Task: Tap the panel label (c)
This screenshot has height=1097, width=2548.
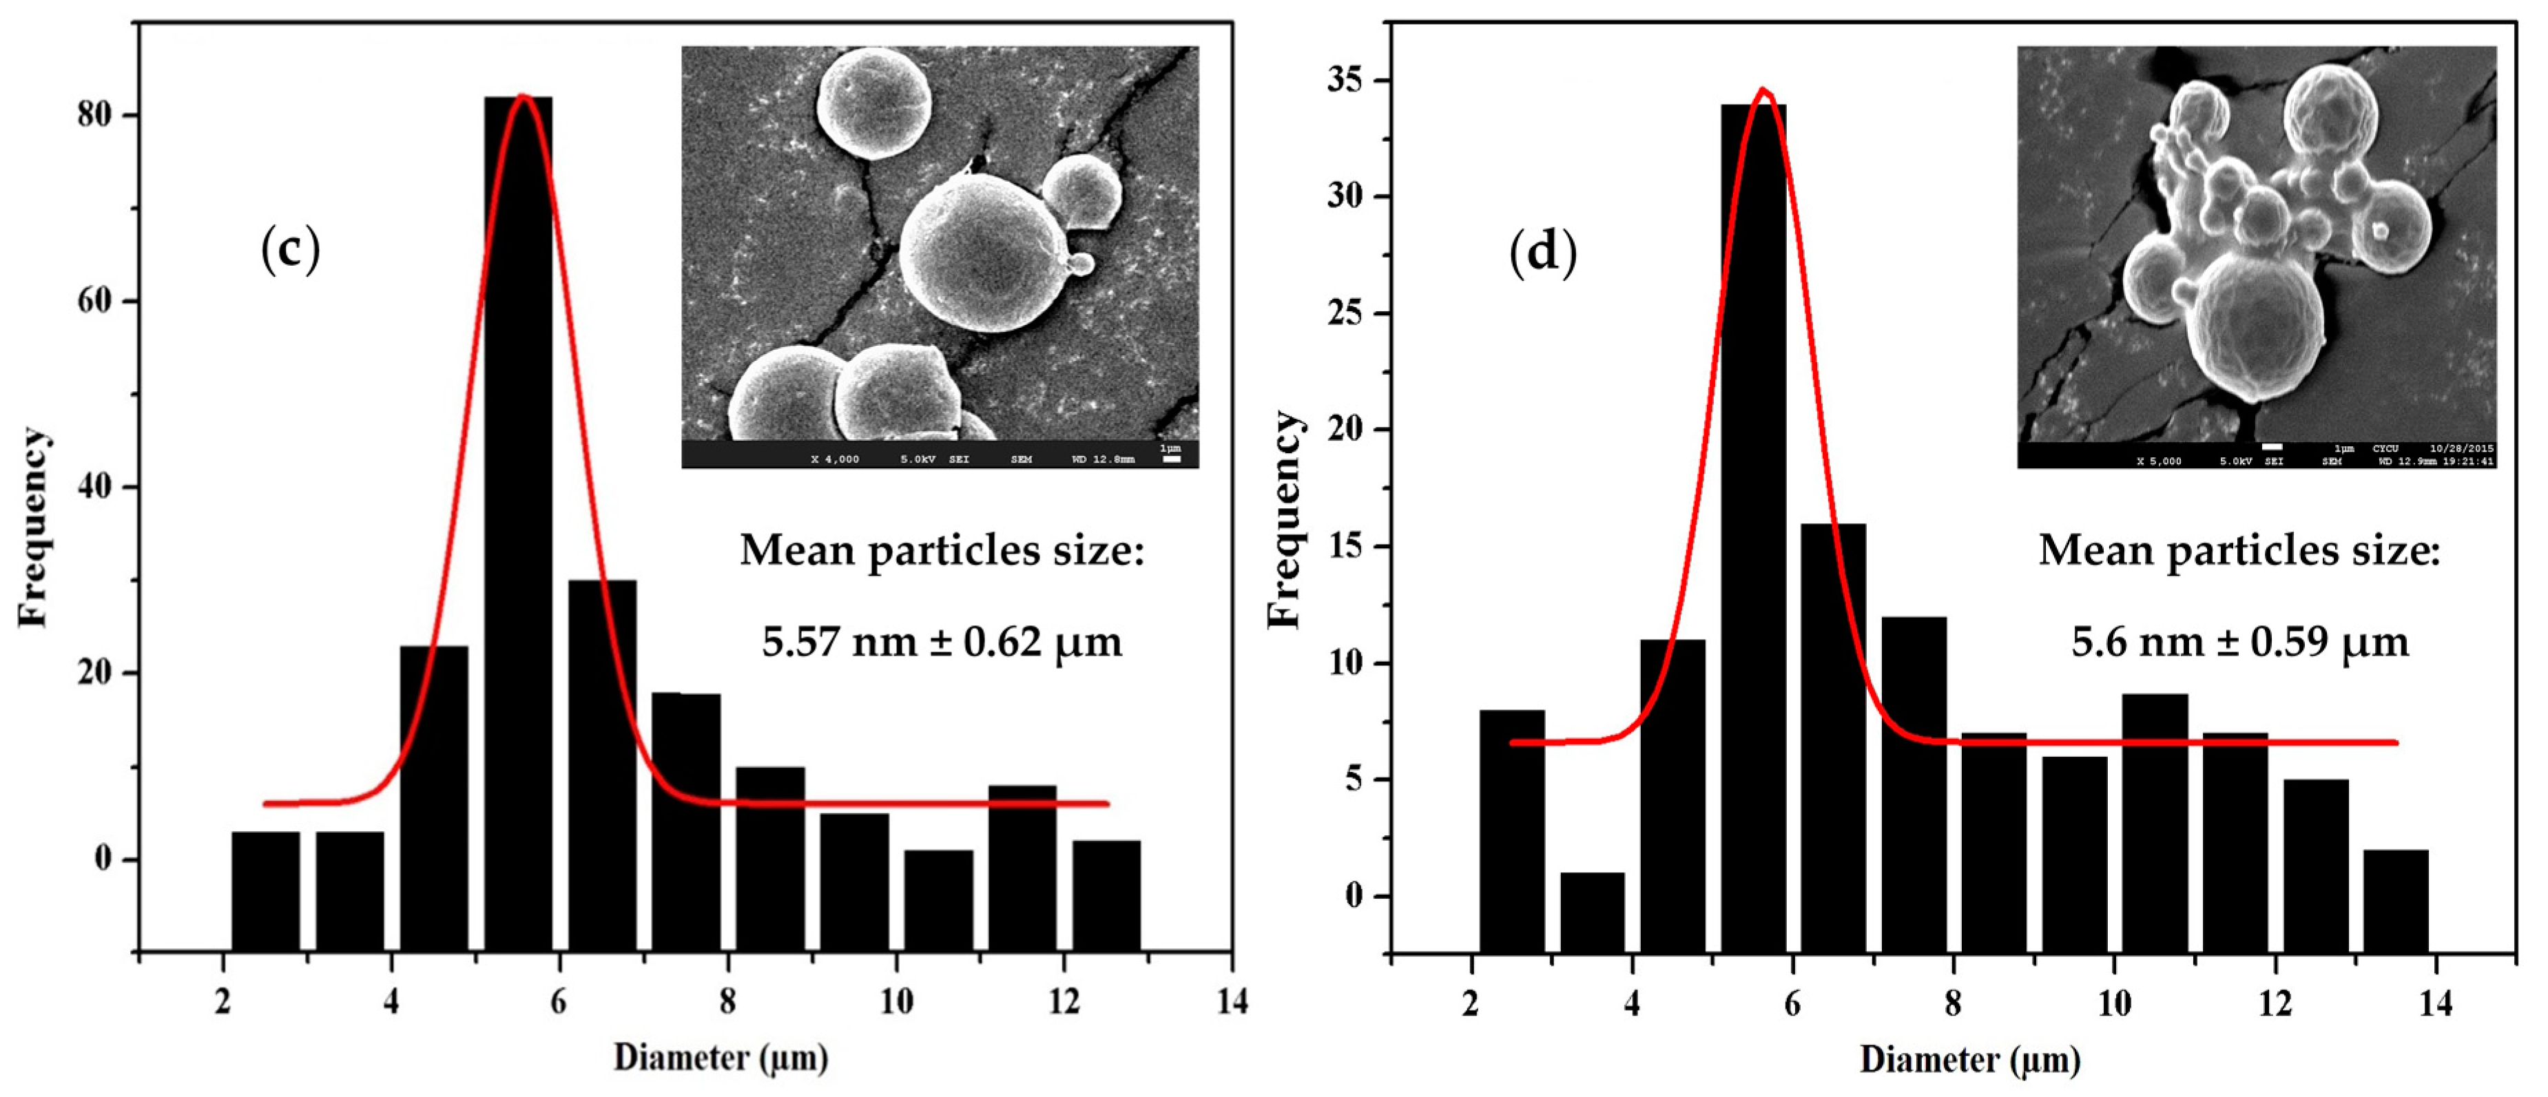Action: [290, 249]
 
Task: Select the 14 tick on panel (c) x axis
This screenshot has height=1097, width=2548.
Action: [1232, 1001]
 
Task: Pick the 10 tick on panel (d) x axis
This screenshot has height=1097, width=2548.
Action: [2114, 1003]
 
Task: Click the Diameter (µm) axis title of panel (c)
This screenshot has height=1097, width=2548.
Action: [720, 1058]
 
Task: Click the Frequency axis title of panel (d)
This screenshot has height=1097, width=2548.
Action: [1284, 519]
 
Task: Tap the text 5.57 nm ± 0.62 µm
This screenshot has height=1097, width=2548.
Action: [942, 642]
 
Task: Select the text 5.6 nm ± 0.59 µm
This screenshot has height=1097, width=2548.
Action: [2239, 642]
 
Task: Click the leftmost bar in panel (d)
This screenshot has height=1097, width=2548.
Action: [1511, 831]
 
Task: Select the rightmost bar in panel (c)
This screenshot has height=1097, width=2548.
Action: [1106, 895]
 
